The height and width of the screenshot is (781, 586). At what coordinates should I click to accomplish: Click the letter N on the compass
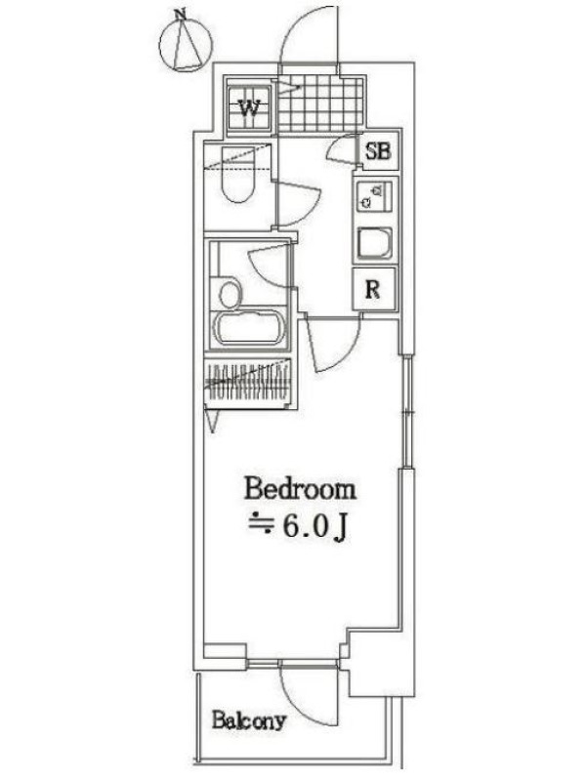pyautogui.click(x=181, y=16)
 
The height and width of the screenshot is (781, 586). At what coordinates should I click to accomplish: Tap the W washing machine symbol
pyautogui.click(x=250, y=107)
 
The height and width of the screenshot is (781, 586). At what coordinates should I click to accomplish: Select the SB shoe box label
pyautogui.click(x=378, y=150)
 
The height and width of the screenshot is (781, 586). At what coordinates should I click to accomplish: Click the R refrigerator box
pyautogui.click(x=374, y=289)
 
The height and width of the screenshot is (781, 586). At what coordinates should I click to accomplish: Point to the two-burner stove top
pyautogui.click(x=374, y=197)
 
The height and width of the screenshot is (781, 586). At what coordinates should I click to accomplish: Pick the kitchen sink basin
pyautogui.click(x=374, y=243)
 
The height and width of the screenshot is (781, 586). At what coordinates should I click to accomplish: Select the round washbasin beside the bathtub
pyautogui.click(x=230, y=295)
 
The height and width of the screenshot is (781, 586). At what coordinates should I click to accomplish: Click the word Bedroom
pyautogui.click(x=300, y=489)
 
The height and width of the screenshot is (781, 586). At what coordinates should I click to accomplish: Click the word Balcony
pyautogui.click(x=249, y=720)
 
